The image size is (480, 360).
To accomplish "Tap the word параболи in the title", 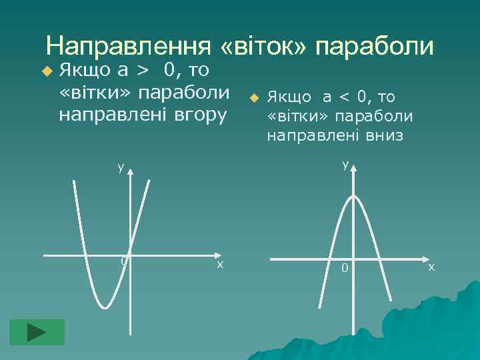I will click(x=375, y=46).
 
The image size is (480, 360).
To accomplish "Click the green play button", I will click(x=37, y=332).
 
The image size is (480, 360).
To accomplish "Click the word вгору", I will click(x=200, y=113).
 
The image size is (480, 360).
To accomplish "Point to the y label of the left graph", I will click(x=121, y=167).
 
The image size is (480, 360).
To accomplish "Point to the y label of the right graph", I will click(x=345, y=164).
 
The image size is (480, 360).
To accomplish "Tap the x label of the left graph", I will click(x=219, y=265).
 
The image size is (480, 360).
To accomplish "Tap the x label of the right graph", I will click(x=431, y=267).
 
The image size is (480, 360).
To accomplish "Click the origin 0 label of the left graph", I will click(x=123, y=261).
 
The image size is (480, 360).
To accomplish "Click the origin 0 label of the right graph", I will click(x=345, y=268).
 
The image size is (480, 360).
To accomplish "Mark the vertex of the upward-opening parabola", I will click(x=105, y=308).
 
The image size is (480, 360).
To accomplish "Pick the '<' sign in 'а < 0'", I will click(x=344, y=97).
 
